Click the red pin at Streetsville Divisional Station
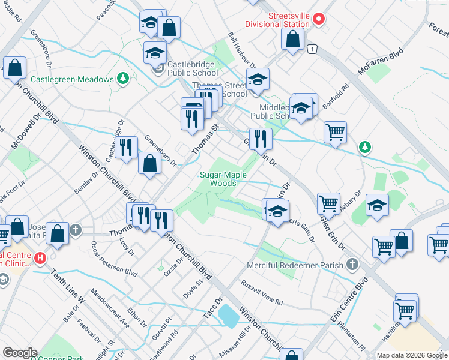pyautogui.click(x=319, y=19)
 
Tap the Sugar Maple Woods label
pyautogui.click(x=218, y=179)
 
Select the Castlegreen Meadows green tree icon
pyautogui.click(x=123, y=79)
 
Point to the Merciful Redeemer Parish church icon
pyautogui.click(x=353, y=265)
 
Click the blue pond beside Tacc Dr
pyautogui.click(x=228, y=315)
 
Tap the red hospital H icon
pyautogui.click(x=40, y=259)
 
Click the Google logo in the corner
pyautogui.click(x=19, y=353)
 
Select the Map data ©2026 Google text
pyautogui.click(x=411, y=355)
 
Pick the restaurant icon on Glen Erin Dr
pyautogui.click(x=260, y=139)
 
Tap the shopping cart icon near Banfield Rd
pyautogui.click(x=335, y=131)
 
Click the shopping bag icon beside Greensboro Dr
pyautogui.click(x=149, y=163)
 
